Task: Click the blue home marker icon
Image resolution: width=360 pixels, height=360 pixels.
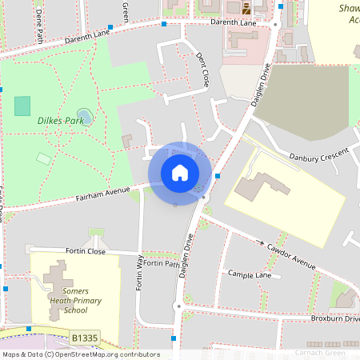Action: (x=180, y=173)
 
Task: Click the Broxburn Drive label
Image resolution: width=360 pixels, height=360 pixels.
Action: (x=335, y=318)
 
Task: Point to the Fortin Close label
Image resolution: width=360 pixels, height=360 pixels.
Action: (x=85, y=251)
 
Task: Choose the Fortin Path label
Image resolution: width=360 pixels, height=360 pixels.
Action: (x=162, y=263)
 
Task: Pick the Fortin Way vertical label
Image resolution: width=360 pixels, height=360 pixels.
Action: (x=139, y=273)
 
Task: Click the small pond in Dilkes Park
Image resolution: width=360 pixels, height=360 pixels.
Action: (x=84, y=116)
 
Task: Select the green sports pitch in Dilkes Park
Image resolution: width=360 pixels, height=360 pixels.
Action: (x=22, y=105)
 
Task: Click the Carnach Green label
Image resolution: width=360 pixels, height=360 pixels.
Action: (x=319, y=352)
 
